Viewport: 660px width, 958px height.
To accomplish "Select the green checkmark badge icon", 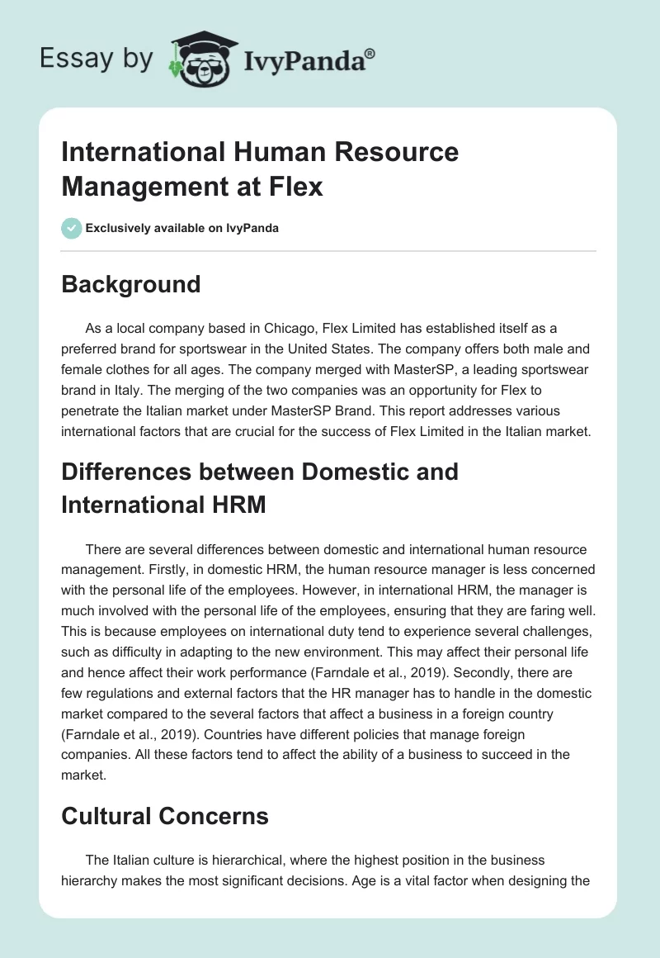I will [x=72, y=228].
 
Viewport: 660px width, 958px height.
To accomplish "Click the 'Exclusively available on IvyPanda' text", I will [x=182, y=228].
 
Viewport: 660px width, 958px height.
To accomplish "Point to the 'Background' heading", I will [x=130, y=284].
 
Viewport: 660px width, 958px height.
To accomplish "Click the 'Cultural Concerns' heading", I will [x=165, y=816].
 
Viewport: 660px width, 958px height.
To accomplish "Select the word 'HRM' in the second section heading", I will [x=233, y=504].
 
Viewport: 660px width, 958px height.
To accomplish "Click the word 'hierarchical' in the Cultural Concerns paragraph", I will [x=250, y=861].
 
